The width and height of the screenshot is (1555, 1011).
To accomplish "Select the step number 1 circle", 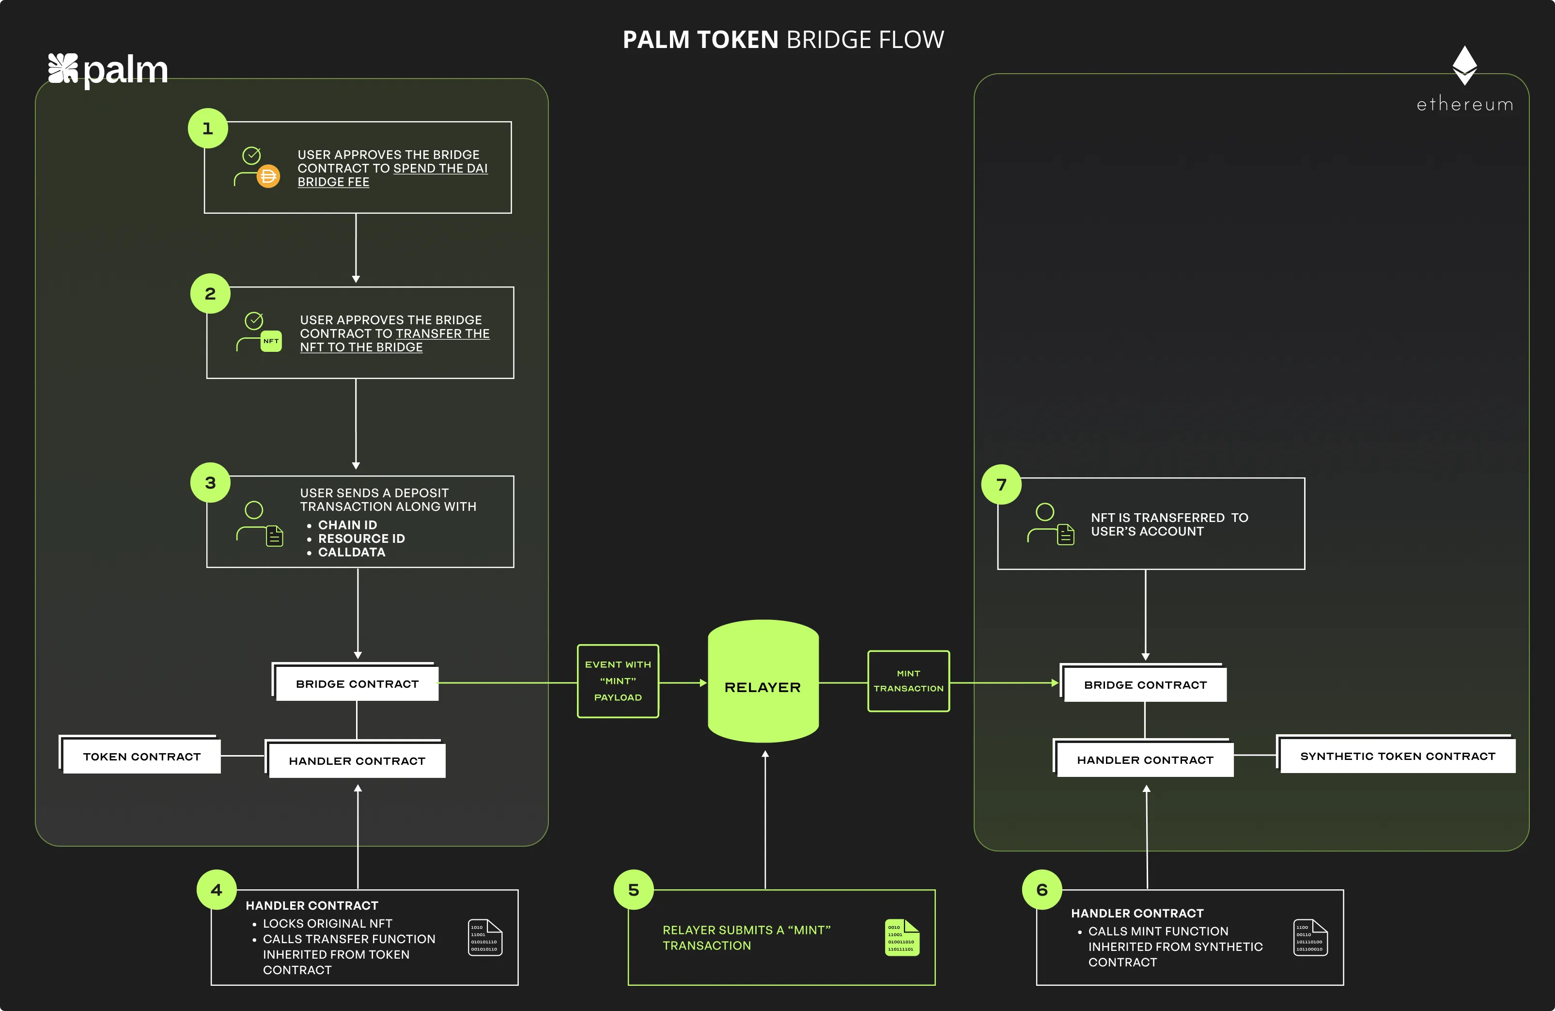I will point(208,128).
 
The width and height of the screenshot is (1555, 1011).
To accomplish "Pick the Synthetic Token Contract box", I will point(1397,756).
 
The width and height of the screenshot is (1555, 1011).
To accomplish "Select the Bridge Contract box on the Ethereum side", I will point(1145,685).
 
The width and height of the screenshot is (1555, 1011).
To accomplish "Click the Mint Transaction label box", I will point(908,681).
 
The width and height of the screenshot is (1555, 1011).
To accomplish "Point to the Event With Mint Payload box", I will point(618,681).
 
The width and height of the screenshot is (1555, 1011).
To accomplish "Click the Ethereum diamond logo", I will point(1464,64).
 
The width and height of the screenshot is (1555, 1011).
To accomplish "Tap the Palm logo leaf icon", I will point(62,69).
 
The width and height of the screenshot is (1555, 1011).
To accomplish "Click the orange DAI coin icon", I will point(268,176).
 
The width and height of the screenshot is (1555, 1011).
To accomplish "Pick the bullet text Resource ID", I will point(361,538).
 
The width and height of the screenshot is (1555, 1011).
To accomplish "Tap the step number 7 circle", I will point(1001,484).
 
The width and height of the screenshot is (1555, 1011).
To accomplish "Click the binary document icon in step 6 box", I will point(1309,937).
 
